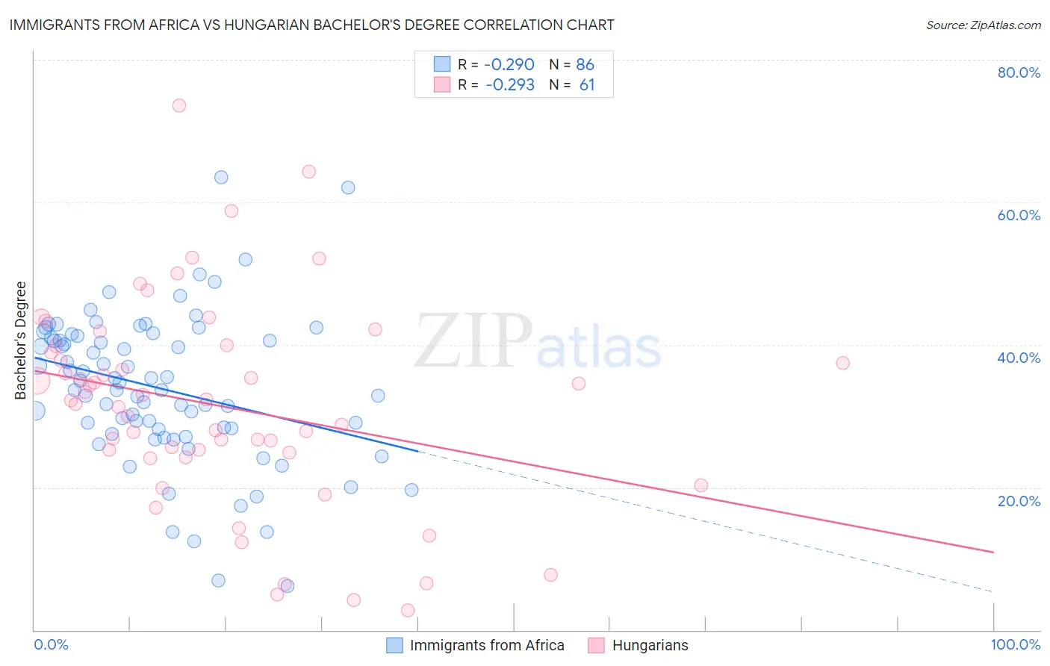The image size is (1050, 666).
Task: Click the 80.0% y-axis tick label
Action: point(1019,72)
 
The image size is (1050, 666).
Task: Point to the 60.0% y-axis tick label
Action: point(1019,215)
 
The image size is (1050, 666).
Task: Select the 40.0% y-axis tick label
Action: point(1019,358)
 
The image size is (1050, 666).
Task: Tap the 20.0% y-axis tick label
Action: point(1019,500)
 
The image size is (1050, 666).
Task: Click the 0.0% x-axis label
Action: point(51,644)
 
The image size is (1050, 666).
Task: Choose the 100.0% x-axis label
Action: point(1015,644)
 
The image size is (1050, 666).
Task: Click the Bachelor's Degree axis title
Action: point(21,340)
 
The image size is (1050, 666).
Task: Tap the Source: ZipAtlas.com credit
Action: point(983,25)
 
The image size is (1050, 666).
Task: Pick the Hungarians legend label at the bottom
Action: point(650,645)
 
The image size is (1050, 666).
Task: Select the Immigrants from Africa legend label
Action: point(487,645)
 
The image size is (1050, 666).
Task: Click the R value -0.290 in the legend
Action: point(509,65)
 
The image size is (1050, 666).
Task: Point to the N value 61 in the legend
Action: point(587,85)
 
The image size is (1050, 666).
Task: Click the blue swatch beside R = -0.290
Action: point(442,65)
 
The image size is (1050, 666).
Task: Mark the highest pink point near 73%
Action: point(178,105)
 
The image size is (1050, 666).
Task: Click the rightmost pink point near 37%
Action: point(842,363)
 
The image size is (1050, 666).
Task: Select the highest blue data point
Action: point(221,177)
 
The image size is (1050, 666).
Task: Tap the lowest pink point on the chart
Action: point(408,610)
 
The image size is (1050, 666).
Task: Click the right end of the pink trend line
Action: point(993,552)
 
